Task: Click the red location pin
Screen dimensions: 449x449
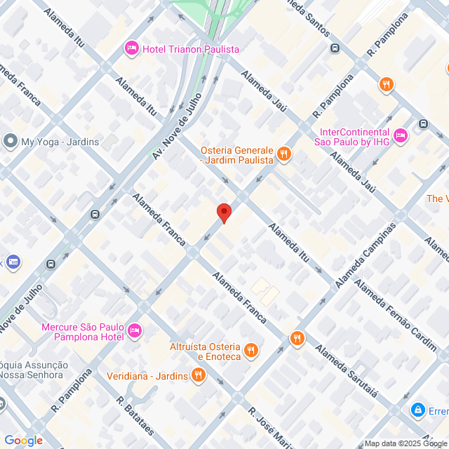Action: click(223, 213)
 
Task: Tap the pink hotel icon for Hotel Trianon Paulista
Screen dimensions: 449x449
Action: click(131, 48)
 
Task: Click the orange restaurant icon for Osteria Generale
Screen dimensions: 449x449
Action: click(283, 154)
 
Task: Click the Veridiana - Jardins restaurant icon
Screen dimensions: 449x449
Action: click(199, 375)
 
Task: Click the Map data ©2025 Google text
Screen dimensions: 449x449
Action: click(406, 443)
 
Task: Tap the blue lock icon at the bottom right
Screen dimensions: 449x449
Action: click(418, 409)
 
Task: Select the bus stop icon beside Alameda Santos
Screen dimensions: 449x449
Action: click(335, 48)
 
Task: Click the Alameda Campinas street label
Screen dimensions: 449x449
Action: click(366, 255)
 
